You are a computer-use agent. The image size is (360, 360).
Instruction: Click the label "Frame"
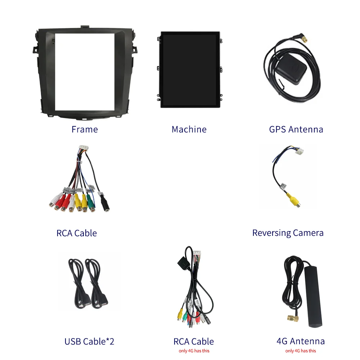[x=85, y=129]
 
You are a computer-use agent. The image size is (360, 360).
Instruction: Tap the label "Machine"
[x=189, y=129]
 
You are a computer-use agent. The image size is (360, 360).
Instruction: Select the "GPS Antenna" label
[x=296, y=129]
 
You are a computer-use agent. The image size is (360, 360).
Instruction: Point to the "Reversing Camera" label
[x=288, y=233]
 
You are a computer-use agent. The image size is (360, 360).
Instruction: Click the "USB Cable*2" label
[x=89, y=341]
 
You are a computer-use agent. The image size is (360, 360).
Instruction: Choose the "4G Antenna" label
[x=301, y=341]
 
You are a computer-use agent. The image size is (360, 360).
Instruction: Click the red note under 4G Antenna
[x=301, y=351]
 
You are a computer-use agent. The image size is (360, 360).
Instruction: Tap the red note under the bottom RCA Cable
[x=194, y=351]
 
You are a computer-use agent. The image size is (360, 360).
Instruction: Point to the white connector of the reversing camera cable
[x=300, y=152]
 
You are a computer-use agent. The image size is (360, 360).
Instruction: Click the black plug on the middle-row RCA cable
[x=105, y=204]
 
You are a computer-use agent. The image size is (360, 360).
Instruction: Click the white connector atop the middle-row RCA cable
[x=84, y=150]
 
